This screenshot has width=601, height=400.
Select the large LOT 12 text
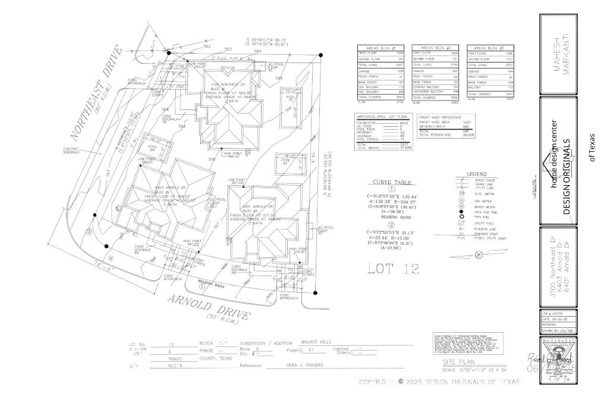pos(393,268)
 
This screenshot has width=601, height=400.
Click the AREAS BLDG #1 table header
pos(379,47)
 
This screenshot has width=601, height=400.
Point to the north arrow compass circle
pos(479,255)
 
